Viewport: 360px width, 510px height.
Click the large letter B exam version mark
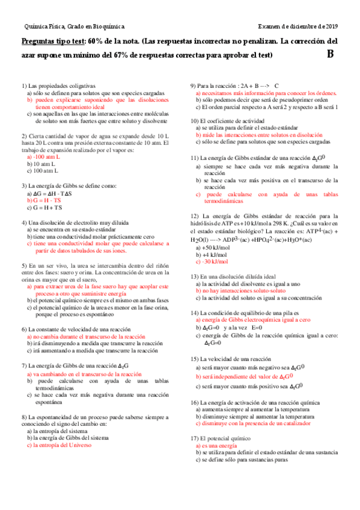click(x=331, y=54)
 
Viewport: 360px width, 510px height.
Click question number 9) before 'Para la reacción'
click(x=194, y=85)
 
